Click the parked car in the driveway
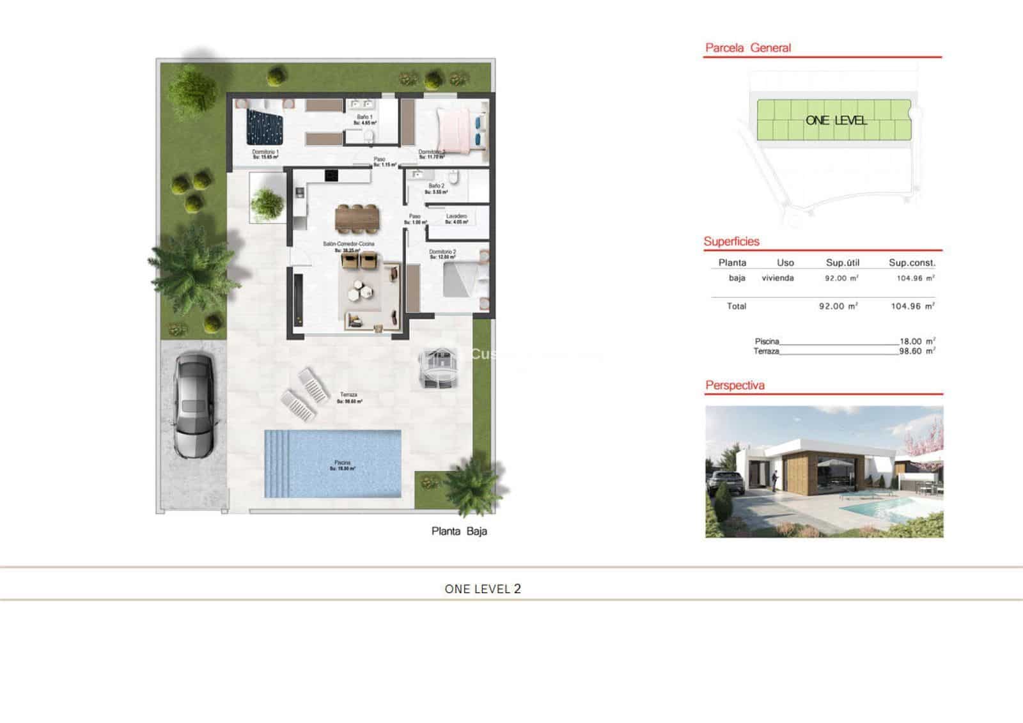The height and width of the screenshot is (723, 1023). tap(194, 405)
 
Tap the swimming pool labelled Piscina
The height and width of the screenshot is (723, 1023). tap(333, 463)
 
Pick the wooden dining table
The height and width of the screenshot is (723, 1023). tap(357, 218)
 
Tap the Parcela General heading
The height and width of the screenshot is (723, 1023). tap(748, 48)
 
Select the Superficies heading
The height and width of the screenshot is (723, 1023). tap(731, 242)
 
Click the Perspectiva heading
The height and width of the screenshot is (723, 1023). tap(735, 385)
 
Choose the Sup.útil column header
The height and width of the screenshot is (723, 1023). tap(842, 263)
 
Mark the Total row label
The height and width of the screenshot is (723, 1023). tap(736, 306)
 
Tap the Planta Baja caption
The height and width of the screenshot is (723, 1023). tap(459, 531)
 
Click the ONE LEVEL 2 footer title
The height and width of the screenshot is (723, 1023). tap(483, 589)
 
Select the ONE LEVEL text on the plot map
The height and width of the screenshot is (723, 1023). tap(836, 120)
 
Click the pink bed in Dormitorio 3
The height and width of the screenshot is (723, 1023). tap(455, 128)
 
